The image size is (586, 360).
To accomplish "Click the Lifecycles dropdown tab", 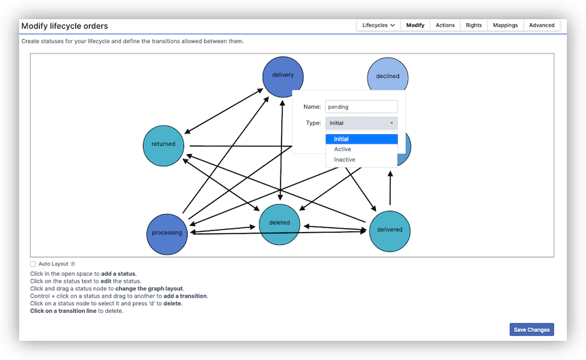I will pyautogui.click(x=378, y=25).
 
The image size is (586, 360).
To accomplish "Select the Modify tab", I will pyautogui.click(x=415, y=25).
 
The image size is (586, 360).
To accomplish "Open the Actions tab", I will pyautogui.click(x=445, y=25).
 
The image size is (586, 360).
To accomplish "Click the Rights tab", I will pyautogui.click(x=474, y=25).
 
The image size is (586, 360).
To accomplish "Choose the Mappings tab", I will pyautogui.click(x=505, y=25).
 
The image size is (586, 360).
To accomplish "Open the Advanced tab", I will pyautogui.click(x=542, y=25).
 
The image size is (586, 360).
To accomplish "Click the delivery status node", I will pyautogui.click(x=283, y=75).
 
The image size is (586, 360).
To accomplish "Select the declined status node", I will pyautogui.click(x=387, y=76).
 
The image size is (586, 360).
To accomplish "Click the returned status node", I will pyautogui.click(x=164, y=144).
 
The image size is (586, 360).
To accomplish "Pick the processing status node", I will pyautogui.click(x=167, y=233).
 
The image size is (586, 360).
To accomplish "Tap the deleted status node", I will pyautogui.click(x=279, y=223).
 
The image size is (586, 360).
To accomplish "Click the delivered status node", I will pyautogui.click(x=390, y=230).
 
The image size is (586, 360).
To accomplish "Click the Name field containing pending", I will pyautogui.click(x=361, y=107).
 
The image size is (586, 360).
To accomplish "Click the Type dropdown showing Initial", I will pyautogui.click(x=361, y=123).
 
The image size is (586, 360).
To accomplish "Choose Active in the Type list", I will pyautogui.click(x=342, y=149).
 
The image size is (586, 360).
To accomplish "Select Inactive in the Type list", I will pyautogui.click(x=344, y=159).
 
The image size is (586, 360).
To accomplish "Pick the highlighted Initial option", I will pyautogui.click(x=341, y=139).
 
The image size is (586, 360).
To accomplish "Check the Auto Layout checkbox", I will pyautogui.click(x=33, y=263).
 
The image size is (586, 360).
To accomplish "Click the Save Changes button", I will pyautogui.click(x=531, y=330).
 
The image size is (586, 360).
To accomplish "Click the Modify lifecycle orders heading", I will pyautogui.click(x=64, y=26).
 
